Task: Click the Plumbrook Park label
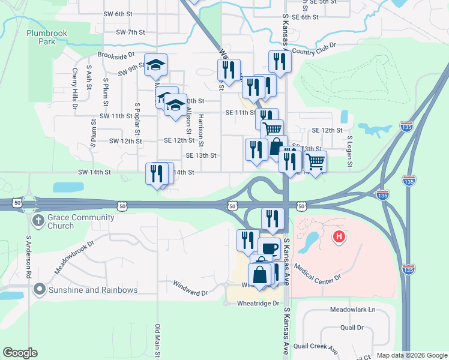click(55, 37)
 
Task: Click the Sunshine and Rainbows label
click(94, 290)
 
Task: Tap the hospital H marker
click(339, 237)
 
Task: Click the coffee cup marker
click(269, 247)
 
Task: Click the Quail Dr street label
click(352, 328)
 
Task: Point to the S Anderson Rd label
click(28, 256)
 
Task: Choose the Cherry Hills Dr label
click(76, 89)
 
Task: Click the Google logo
click(20, 353)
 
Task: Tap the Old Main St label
click(158, 341)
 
